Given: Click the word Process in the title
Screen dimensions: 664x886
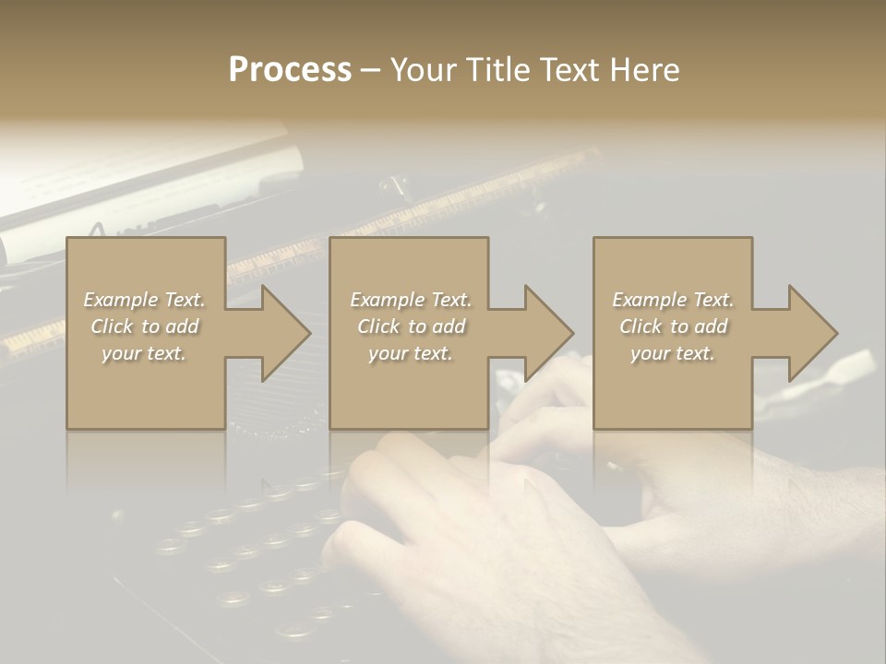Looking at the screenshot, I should pyautogui.click(x=290, y=70).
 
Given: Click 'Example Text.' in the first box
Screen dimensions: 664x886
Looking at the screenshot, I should pyautogui.click(x=144, y=300).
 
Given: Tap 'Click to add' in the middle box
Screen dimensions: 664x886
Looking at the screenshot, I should pyautogui.click(x=411, y=326).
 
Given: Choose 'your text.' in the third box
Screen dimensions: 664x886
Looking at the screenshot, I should pyautogui.click(x=673, y=353).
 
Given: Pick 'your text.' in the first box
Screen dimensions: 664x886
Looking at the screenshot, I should pyautogui.click(x=144, y=353).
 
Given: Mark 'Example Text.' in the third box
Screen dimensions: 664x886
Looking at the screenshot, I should pyautogui.click(x=673, y=300).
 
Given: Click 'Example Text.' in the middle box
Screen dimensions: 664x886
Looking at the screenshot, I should pyautogui.click(x=411, y=300).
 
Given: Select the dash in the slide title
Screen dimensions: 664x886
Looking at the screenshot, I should pyautogui.click(x=370, y=71).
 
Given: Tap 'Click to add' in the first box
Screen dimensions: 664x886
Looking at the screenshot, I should pyautogui.click(x=144, y=326).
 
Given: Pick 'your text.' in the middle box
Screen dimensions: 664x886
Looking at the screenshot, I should pyautogui.click(x=411, y=353).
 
